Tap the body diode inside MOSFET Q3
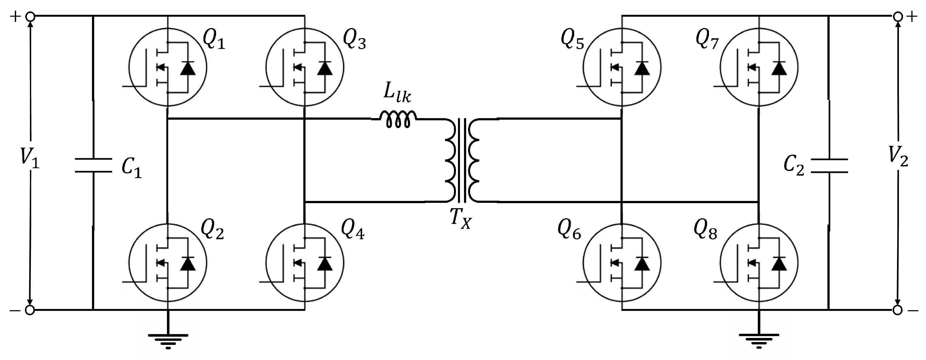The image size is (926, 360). [325, 68]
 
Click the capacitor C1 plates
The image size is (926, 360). [93, 165]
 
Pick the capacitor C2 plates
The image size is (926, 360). [829, 165]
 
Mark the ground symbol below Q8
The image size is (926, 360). [759, 340]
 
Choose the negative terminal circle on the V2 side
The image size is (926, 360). [898, 310]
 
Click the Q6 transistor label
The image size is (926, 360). [569, 230]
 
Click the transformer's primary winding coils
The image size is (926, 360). [451, 160]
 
